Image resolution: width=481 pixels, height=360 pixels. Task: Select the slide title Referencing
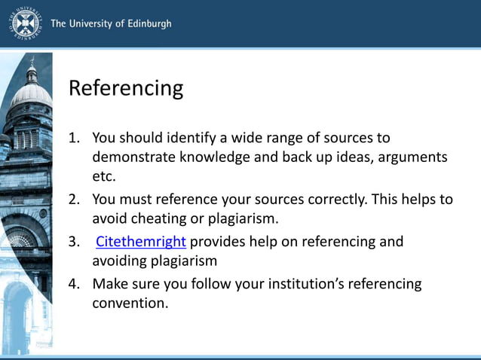click(126, 88)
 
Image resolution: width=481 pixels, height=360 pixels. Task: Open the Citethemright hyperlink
click(141, 242)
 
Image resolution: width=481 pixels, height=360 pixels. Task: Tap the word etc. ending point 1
click(104, 176)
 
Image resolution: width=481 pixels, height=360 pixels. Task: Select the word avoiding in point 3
click(120, 261)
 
